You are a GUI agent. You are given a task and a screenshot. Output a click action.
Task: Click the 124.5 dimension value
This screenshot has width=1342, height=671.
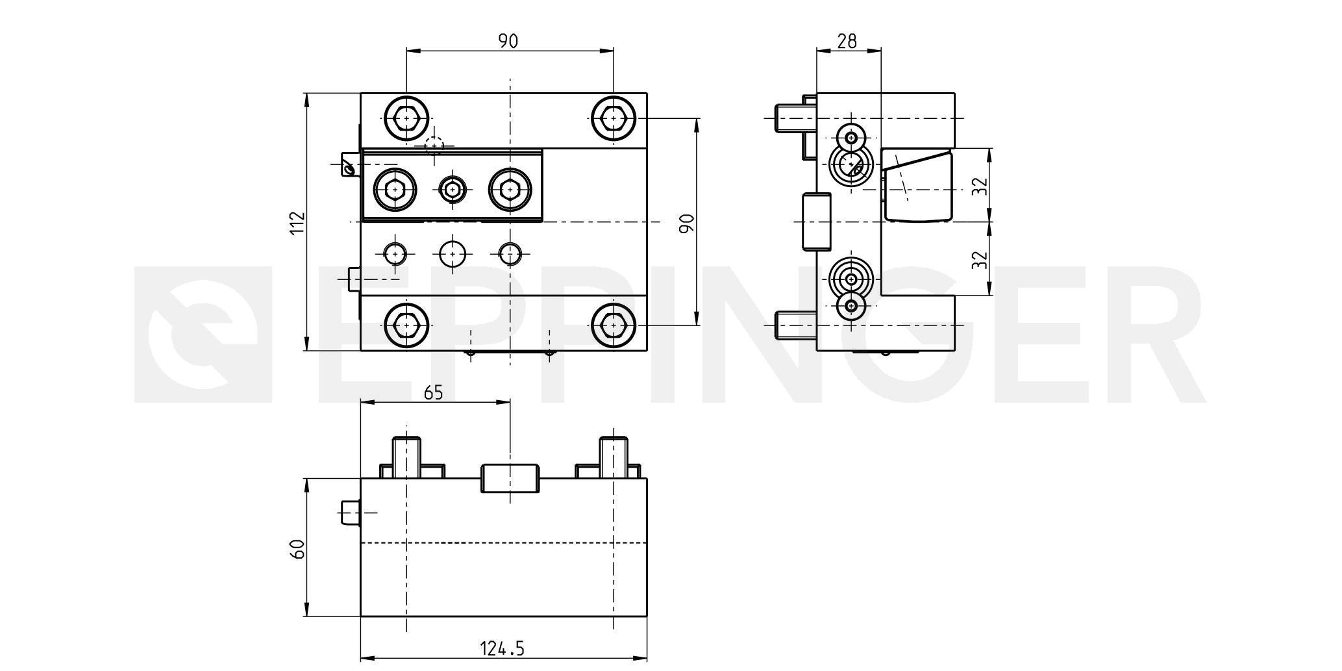point(502,648)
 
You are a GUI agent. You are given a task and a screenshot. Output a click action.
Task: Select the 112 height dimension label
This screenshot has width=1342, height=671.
point(297,223)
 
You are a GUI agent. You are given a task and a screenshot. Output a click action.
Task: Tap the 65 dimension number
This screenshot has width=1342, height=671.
point(433,393)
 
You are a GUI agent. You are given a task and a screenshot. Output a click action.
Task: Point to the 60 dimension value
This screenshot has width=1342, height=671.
point(297,549)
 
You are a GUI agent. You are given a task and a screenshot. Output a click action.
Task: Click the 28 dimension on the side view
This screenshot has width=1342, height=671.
point(847,42)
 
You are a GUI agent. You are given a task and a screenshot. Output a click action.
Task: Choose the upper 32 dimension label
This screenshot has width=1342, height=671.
point(980,186)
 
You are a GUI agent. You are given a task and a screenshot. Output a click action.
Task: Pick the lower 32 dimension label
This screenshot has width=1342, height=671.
point(980,260)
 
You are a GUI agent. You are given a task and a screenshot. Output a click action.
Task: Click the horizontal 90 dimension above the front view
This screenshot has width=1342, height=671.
point(508,42)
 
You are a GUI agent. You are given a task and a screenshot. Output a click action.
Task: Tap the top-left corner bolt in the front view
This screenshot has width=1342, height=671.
point(406,119)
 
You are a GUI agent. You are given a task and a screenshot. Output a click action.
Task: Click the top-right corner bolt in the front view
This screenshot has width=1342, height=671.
point(613,119)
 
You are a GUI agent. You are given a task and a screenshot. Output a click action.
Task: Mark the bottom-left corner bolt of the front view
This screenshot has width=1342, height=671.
point(406,324)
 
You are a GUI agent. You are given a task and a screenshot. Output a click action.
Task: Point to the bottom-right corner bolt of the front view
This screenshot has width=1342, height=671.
point(613,324)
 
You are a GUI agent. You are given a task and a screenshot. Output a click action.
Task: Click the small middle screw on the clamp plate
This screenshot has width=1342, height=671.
point(453,190)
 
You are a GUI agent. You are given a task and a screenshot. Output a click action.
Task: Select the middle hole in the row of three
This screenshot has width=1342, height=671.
point(453,253)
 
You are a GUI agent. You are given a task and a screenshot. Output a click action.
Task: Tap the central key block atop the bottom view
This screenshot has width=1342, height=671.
point(509,478)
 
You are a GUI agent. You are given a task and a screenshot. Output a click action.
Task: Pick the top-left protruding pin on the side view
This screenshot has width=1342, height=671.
point(789,119)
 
